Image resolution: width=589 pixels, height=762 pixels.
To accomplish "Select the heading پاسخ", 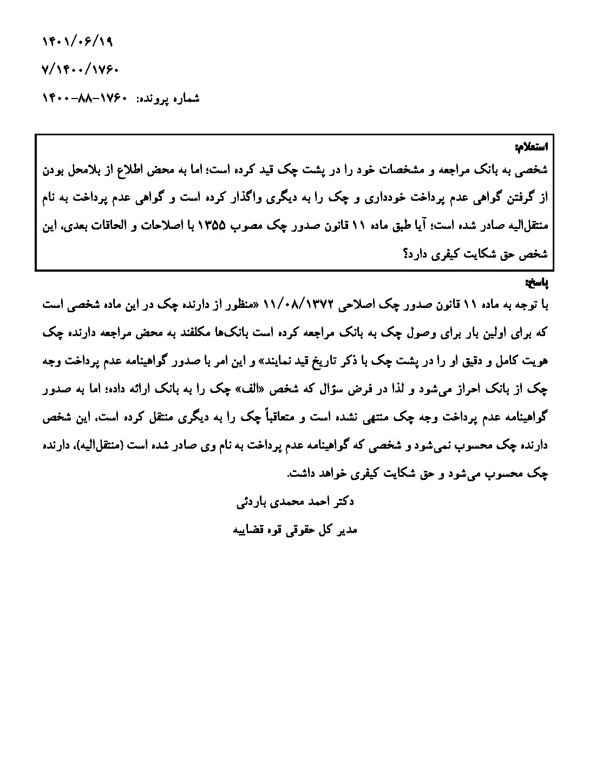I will pyautogui.click(x=536, y=283).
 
